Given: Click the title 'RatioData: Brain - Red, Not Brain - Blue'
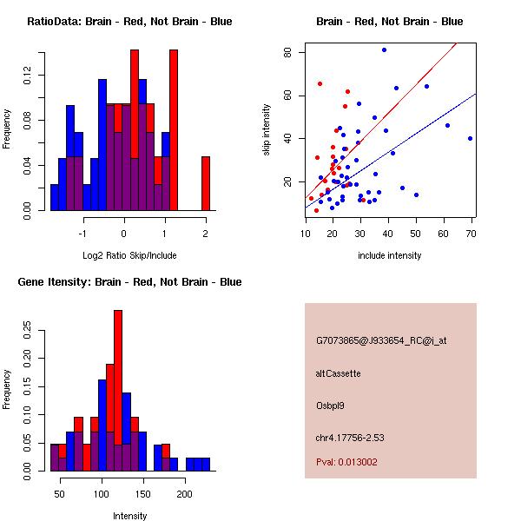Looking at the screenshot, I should tap(129, 22).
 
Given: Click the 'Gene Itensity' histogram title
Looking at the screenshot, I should tap(129, 282).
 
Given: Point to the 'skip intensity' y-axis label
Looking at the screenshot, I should tap(267, 130).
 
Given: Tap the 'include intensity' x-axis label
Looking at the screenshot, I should tap(390, 255).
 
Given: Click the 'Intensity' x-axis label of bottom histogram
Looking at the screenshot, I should tap(130, 516).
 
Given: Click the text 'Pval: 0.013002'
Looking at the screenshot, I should tap(346, 462).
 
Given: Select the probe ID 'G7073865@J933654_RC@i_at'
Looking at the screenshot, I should tap(381, 341).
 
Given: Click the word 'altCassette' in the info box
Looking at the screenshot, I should tap(338, 373).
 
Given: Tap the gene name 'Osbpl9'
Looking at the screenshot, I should tap(331, 406).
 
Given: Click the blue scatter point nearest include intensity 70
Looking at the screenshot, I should tap(470, 138).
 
